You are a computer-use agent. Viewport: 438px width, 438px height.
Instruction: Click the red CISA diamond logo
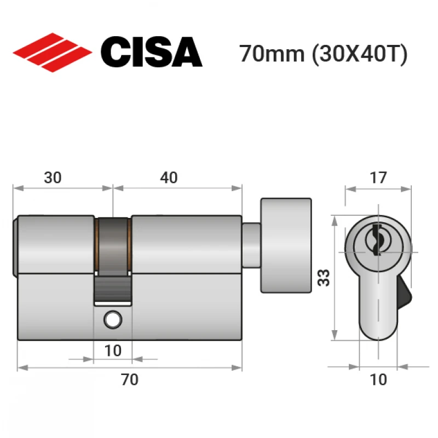tap(52, 53)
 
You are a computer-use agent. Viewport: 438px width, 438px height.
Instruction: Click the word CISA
tap(152, 52)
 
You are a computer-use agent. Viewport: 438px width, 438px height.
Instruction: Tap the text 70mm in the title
tap(272, 54)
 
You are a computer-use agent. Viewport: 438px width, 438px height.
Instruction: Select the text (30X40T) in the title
tap(360, 54)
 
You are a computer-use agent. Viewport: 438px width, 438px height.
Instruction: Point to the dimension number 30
tap(53, 177)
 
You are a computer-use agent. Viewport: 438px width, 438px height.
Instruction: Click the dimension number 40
tap(169, 177)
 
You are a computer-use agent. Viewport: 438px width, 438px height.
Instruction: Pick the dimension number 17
tap(378, 177)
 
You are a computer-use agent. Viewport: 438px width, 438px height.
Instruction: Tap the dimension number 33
tap(324, 278)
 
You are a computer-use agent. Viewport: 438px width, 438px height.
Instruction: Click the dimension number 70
tap(130, 379)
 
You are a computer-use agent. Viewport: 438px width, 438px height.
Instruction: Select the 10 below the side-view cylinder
tap(113, 350)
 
